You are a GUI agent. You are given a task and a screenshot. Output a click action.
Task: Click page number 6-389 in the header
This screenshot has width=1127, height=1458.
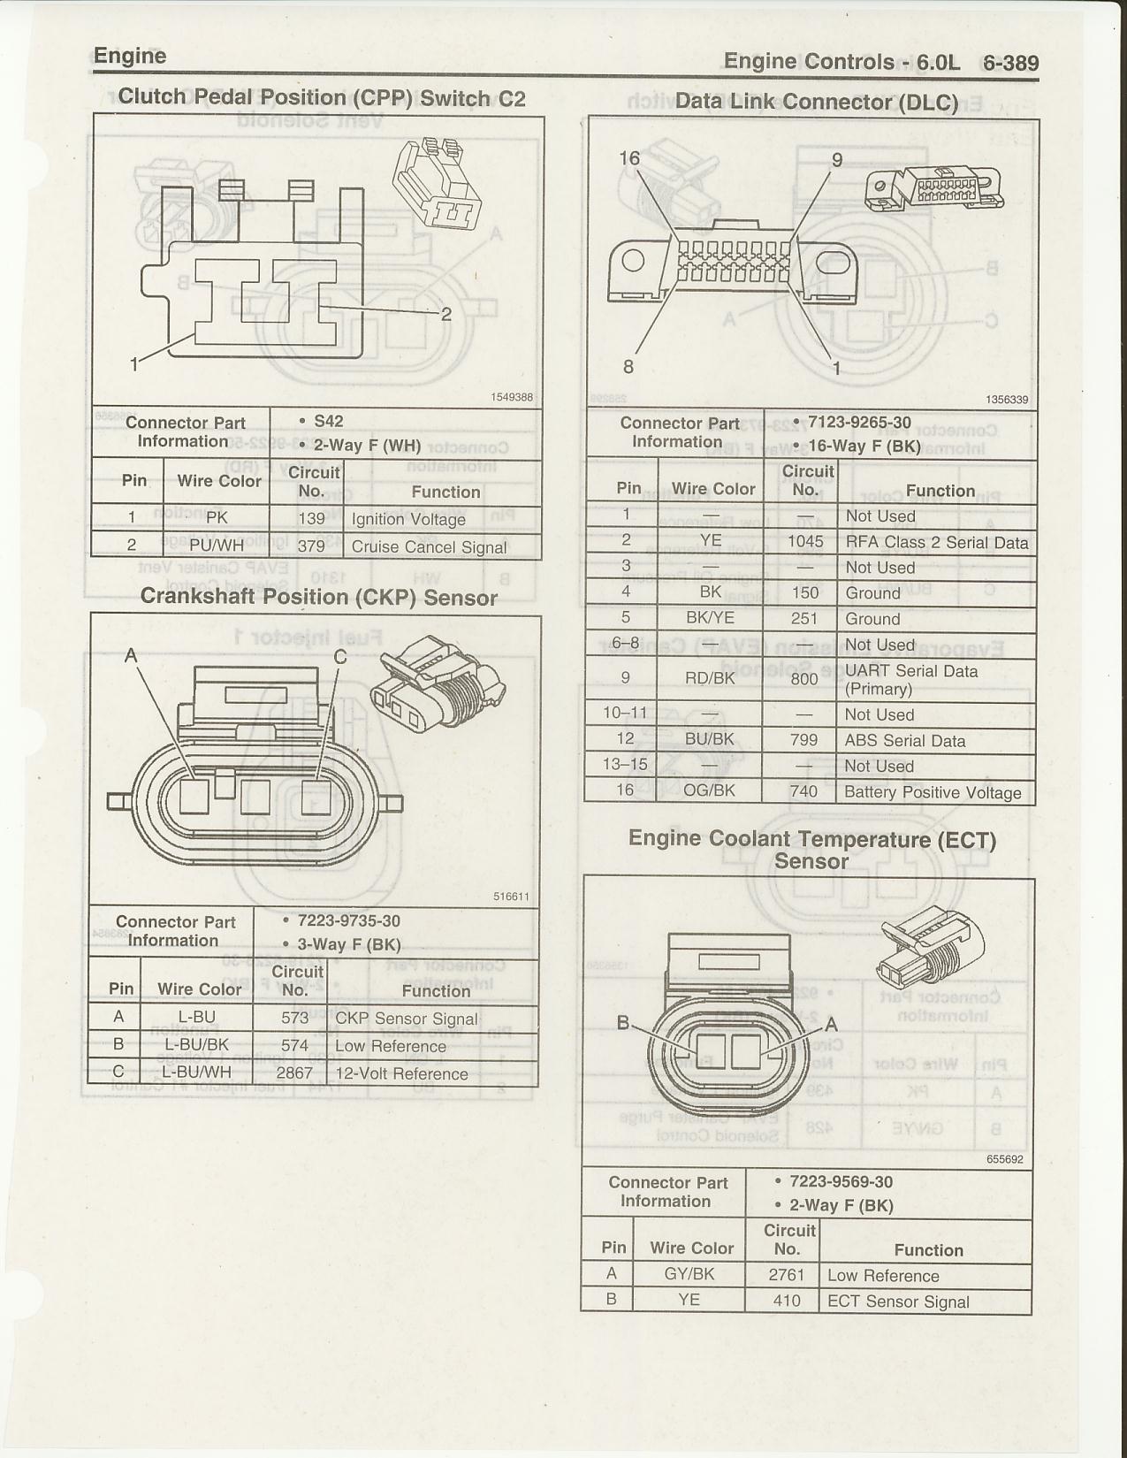(1010, 63)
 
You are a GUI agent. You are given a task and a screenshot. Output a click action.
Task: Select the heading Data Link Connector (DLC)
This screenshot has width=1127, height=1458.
(816, 102)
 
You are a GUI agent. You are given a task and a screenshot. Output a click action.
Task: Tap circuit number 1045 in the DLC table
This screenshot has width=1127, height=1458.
(804, 542)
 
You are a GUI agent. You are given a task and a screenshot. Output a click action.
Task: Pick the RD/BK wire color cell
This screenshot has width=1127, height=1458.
(710, 678)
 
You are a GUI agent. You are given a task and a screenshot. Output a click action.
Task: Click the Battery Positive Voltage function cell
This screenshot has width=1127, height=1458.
(933, 792)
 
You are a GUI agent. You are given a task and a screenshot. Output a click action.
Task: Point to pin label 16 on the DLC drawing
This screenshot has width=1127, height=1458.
(629, 158)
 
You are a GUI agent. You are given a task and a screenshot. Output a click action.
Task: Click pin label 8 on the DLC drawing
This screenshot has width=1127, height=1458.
(628, 366)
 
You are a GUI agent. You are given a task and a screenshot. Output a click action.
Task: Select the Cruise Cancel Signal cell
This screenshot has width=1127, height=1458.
(429, 546)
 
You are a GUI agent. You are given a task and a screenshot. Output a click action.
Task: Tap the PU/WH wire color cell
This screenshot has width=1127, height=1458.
(217, 546)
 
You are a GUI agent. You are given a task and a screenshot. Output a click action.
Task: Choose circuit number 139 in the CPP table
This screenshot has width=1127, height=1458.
(311, 519)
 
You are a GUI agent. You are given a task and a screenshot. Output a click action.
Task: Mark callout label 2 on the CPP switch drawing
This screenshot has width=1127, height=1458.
(446, 314)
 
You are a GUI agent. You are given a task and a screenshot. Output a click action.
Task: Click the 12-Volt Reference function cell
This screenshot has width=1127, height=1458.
(401, 1073)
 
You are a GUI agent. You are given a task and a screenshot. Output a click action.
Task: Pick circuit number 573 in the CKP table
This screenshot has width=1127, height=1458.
(294, 1018)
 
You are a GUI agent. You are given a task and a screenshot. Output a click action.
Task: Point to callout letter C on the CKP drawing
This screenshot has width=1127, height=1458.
(340, 657)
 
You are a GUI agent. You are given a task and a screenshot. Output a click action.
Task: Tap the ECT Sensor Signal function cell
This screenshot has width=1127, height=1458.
(898, 1301)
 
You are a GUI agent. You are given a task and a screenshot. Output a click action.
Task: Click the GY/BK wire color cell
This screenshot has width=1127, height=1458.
(689, 1274)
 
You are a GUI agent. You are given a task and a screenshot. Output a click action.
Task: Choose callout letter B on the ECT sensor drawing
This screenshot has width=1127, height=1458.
(623, 1023)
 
